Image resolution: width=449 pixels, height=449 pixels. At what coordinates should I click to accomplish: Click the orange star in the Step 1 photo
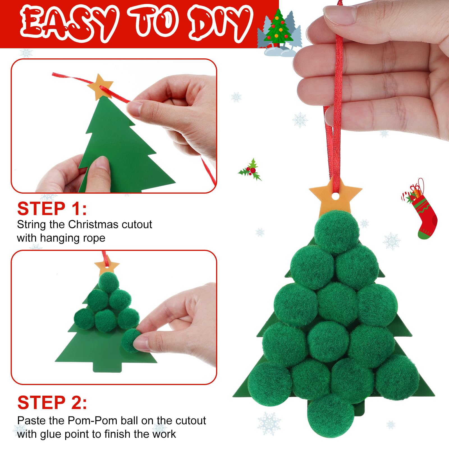pyautogui.click(x=100, y=86)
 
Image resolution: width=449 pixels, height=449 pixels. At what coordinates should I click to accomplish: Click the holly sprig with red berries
pyautogui.click(x=250, y=170)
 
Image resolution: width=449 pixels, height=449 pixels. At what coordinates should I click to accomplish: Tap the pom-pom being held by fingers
pyautogui.click(x=132, y=341)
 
